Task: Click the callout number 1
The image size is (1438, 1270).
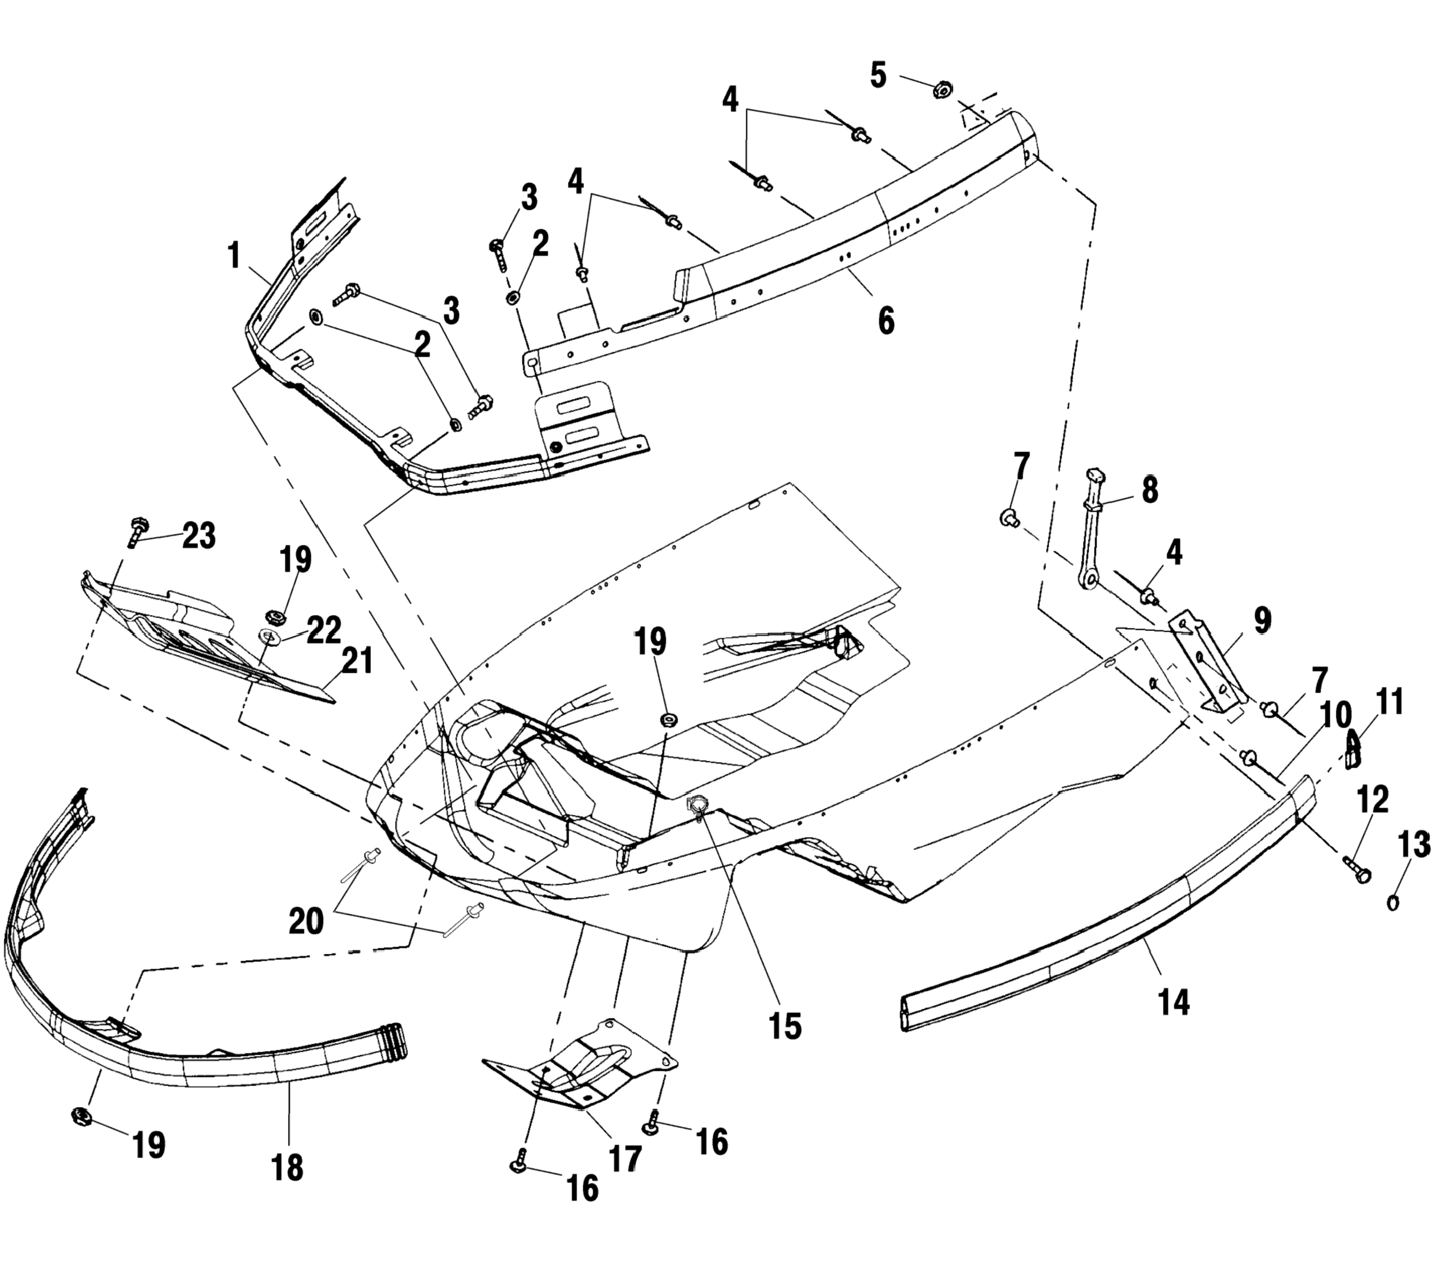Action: [234, 256]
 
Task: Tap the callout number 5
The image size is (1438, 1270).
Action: [879, 75]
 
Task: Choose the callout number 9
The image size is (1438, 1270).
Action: [1262, 620]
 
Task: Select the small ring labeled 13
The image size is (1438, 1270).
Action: [1392, 902]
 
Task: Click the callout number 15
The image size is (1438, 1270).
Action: [785, 1026]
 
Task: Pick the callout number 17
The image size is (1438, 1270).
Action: [625, 1157]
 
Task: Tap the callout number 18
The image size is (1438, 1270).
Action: [287, 1167]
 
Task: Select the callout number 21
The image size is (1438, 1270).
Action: [357, 661]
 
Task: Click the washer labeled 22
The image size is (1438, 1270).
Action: [270, 637]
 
